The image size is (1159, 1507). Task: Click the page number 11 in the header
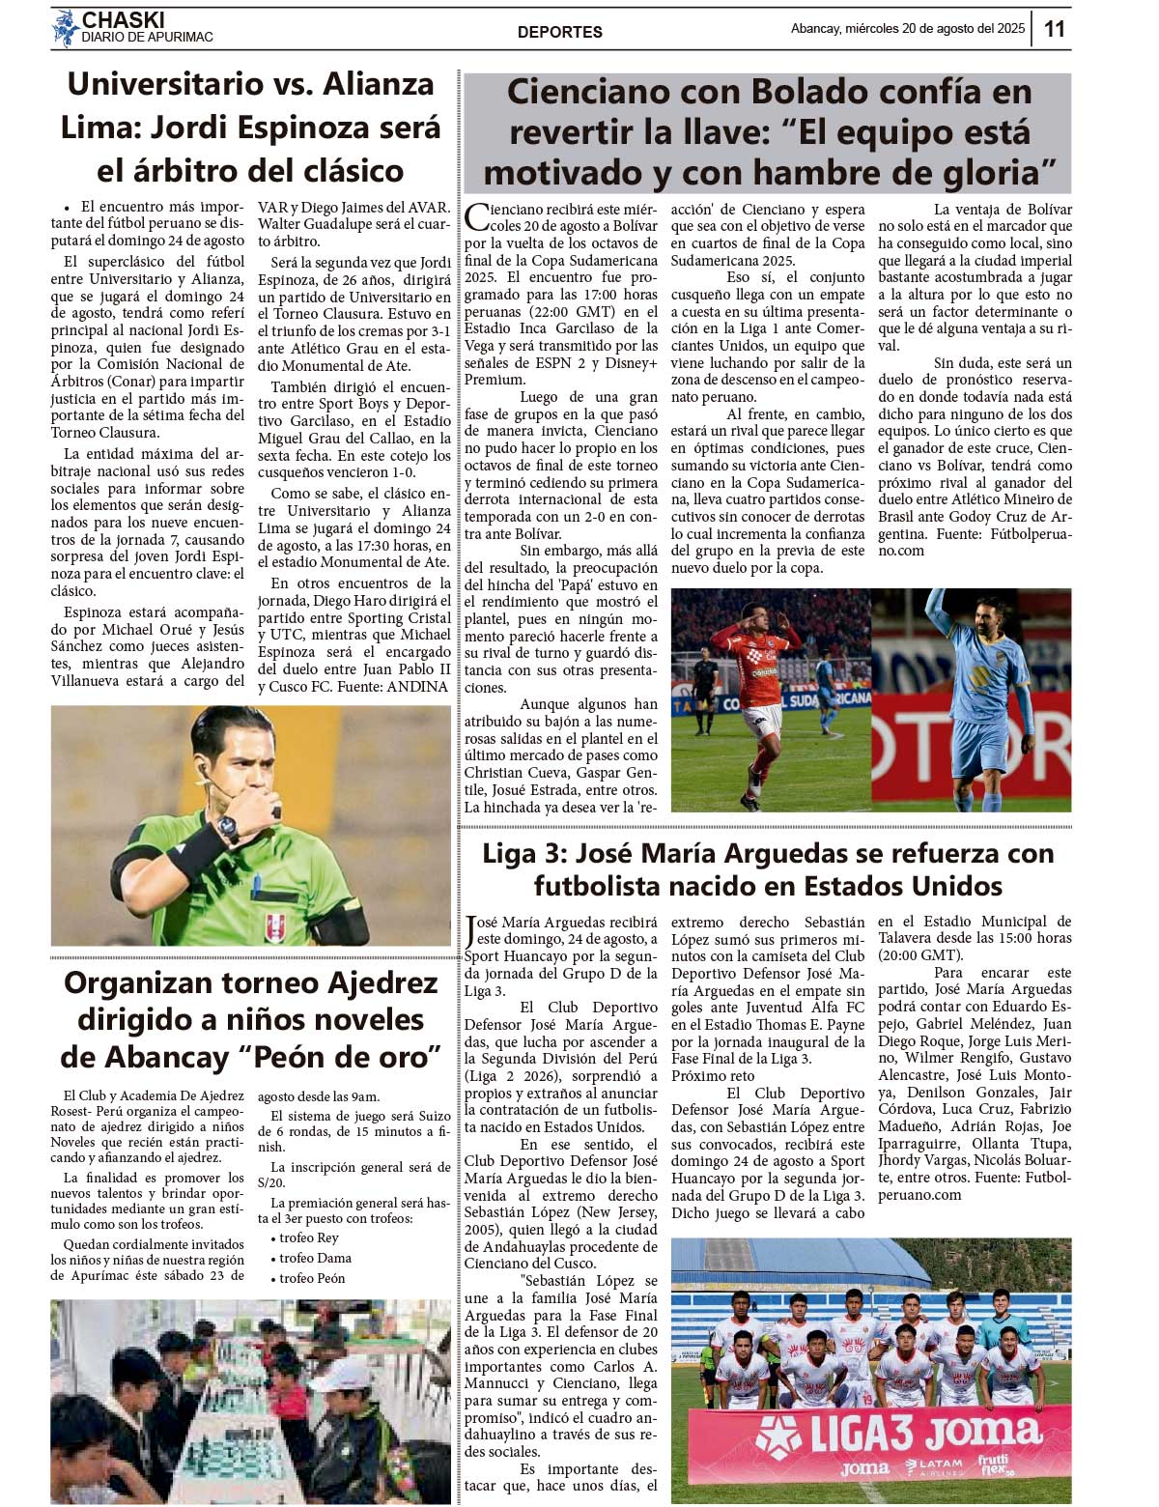point(1055,29)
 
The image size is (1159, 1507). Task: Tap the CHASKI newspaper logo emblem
point(65,28)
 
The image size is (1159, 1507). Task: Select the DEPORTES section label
point(559,32)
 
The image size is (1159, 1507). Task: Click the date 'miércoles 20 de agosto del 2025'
point(934,29)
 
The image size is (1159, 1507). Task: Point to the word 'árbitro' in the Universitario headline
point(284,171)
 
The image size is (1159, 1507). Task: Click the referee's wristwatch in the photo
point(227,827)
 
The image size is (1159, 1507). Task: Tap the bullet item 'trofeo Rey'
point(308,1237)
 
